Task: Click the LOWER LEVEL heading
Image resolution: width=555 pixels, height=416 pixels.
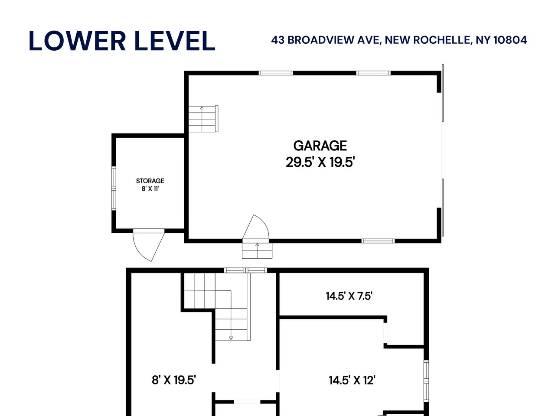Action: [x=122, y=41]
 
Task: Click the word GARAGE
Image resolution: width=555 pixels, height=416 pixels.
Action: [x=320, y=146]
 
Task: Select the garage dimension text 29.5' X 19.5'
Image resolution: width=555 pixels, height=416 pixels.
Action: [x=320, y=162]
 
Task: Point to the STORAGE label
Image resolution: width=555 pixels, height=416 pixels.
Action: [x=150, y=181]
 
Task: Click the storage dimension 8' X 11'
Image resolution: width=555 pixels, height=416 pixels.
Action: [x=150, y=188]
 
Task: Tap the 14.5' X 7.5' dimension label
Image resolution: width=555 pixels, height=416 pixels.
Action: [x=349, y=296]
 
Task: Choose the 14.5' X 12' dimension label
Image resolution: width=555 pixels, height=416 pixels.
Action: [x=352, y=380]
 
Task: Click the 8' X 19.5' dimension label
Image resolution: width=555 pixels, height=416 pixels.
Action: [x=174, y=380]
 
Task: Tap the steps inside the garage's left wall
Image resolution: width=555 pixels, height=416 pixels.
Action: [x=203, y=119]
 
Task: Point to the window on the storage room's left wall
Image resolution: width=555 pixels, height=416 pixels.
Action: [x=114, y=188]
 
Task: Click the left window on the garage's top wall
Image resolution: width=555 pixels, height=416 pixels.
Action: [x=276, y=73]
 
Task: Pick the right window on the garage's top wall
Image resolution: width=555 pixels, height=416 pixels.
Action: [x=373, y=73]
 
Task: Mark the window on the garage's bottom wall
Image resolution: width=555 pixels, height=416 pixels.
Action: [x=378, y=241]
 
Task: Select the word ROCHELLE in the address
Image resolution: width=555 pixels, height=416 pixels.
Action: [x=442, y=40]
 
